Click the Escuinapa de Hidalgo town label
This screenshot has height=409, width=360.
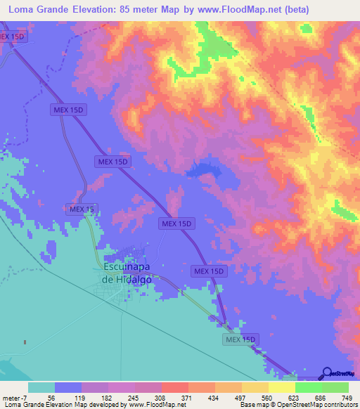pos(128,273)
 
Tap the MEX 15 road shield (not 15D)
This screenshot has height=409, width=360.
pos(82,209)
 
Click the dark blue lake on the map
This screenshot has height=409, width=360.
pos(202,169)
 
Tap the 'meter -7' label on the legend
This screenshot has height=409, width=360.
pos(15,397)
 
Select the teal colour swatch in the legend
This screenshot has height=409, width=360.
pos(41,387)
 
